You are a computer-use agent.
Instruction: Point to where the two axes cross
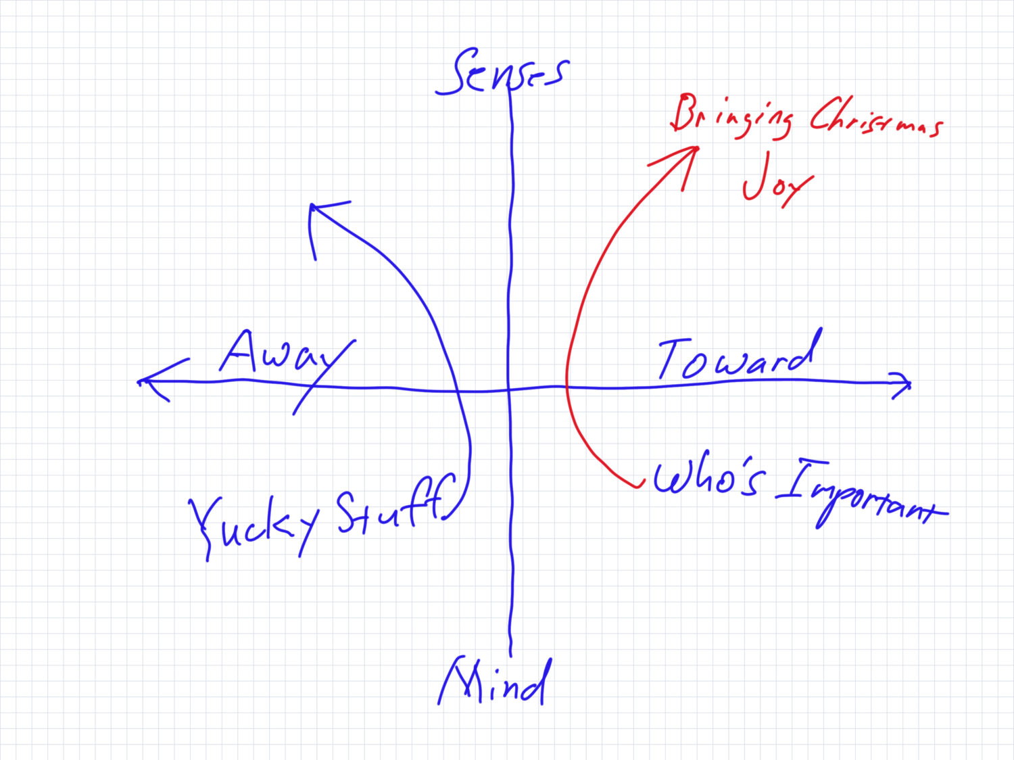click(509, 389)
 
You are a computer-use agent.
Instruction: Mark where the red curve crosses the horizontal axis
click(566, 387)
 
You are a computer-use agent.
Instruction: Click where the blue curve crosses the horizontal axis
click(458, 391)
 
